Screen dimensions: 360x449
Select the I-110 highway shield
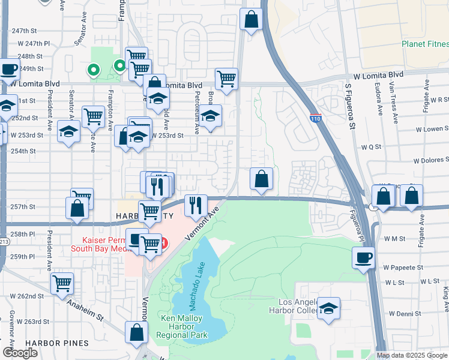pos(315,118)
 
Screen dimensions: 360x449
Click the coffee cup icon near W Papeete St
pos(363,258)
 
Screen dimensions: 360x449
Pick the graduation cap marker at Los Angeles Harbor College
pos(328,308)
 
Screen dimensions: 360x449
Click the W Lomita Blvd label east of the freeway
pos(378,75)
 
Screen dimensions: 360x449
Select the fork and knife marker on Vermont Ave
pos(196,206)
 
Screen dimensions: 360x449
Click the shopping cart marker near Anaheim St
pos(62,283)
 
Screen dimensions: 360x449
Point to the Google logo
pos(21,353)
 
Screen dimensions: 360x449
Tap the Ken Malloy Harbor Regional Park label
pos(181,326)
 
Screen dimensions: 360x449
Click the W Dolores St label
pos(431,160)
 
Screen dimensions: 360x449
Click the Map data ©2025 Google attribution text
pos(412,355)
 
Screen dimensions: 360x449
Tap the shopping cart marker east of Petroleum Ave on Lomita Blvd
pos(226,79)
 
